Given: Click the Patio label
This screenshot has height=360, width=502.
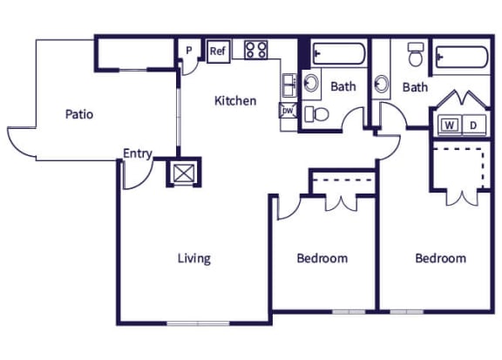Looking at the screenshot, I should coord(78,113).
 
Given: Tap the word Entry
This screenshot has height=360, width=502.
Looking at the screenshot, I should coord(138,154).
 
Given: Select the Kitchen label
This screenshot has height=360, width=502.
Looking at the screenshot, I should coord(235,100).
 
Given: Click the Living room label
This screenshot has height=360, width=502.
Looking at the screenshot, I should coord(193,258).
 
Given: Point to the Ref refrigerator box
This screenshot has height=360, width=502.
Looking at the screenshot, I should coord(217,51).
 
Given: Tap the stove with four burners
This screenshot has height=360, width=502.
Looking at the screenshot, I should coord(255,50).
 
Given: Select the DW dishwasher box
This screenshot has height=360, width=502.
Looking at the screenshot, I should coord(288,111).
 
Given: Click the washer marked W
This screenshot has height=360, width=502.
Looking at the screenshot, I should coord(451,125).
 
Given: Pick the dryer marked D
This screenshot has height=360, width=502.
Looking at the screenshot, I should coord(473,125).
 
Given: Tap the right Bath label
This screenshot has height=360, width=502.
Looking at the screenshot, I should coord(415,86).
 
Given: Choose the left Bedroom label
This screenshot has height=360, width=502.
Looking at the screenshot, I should coord(322,258).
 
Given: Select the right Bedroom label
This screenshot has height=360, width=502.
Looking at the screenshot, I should coord(440,258).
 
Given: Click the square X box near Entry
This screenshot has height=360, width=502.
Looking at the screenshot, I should coord(183,172).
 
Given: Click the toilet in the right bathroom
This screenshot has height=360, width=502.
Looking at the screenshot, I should coord(415,58).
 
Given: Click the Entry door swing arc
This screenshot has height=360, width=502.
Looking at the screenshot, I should coord(132,177).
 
